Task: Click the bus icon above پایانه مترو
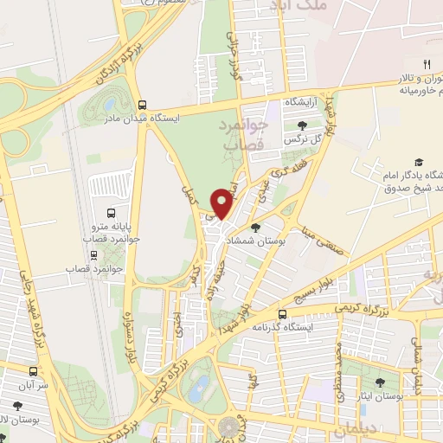[x=111, y=213]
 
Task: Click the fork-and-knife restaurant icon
[x=426, y=64]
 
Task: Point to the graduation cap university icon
[x=419, y=162]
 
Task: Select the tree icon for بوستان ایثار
[x=380, y=380]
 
